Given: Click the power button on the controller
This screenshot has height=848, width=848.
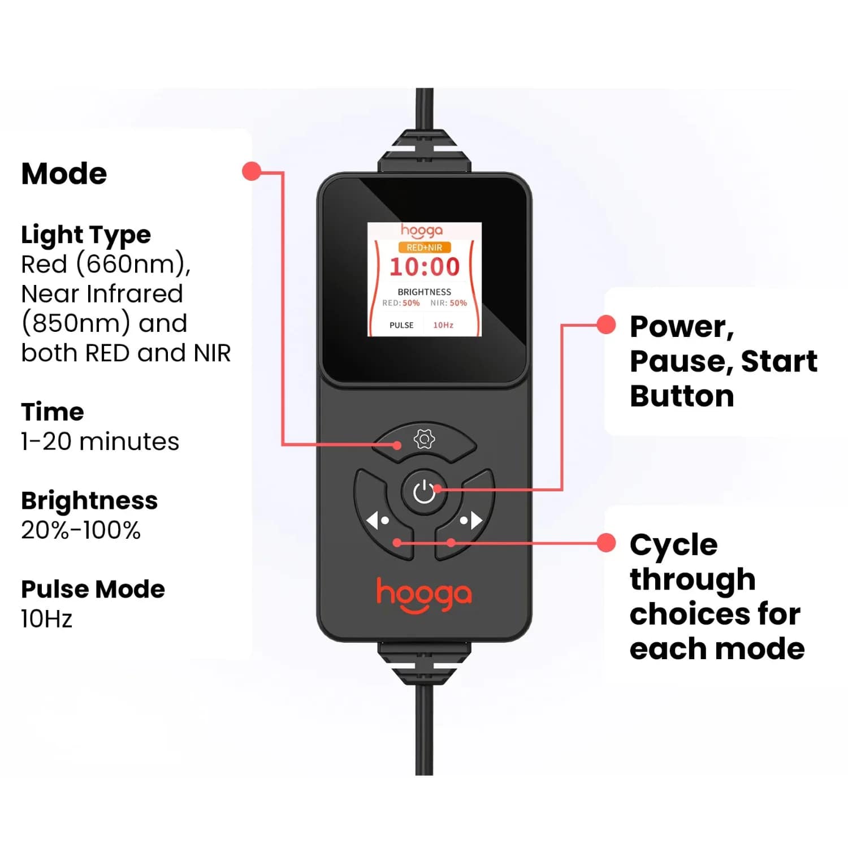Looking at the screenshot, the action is tap(424, 492).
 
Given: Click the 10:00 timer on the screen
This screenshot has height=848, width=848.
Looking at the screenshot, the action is tap(425, 267).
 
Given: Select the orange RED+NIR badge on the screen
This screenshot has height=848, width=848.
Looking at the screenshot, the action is tap(425, 247).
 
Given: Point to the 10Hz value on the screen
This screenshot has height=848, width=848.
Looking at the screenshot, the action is tap(443, 325).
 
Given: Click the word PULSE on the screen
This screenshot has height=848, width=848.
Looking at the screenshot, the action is tap(401, 325).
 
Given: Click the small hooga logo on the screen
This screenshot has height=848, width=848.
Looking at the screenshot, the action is tap(422, 231).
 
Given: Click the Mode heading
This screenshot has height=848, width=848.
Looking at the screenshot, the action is tap(64, 174).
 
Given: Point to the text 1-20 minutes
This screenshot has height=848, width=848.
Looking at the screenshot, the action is tap(100, 442).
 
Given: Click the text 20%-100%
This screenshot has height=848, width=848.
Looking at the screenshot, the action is tap(81, 530).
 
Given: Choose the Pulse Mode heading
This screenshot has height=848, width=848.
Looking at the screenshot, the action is tap(93, 589).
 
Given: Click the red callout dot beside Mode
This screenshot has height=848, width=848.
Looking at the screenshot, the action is tap(252, 171).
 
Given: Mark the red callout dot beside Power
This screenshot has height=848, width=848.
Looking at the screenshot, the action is tap(606, 325).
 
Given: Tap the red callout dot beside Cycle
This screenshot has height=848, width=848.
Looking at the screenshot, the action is tap(606, 543).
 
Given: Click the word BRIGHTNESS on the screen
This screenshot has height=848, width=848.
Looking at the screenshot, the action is tap(425, 292).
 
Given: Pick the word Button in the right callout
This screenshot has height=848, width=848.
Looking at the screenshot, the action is tap(682, 396).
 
